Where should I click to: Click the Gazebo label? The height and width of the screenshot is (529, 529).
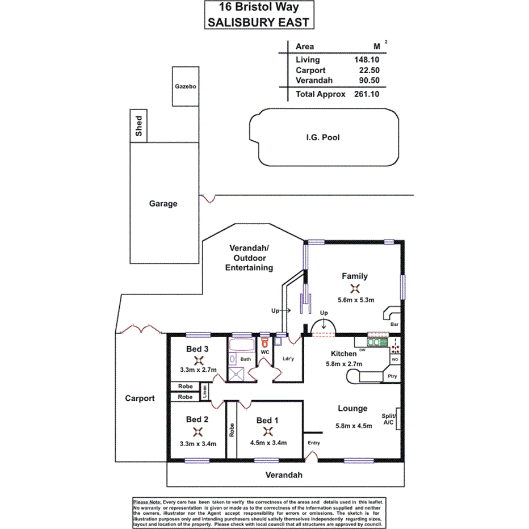click(x=185, y=87)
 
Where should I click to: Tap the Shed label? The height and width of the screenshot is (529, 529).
click(x=139, y=125)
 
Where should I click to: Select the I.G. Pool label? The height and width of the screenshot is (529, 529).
click(x=322, y=137)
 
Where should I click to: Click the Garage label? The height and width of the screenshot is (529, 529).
click(x=163, y=204)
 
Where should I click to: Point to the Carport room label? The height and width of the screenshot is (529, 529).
click(x=140, y=398)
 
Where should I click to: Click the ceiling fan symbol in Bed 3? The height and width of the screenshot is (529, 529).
click(x=198, y=360)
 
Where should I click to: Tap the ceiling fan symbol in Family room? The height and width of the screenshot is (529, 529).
click(x=355, y=288)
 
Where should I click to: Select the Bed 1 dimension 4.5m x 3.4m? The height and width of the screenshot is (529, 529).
click(x=267, y=443)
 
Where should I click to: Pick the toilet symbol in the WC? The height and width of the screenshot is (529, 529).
click(x=264, y=342)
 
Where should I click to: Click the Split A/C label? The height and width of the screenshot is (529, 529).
click(x=389, y=419)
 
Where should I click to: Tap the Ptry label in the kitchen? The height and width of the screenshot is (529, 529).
click(x=392, y=376)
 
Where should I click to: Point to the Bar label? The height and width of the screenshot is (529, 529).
click(x=394, y=324)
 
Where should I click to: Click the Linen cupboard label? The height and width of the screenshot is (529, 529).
click(x=205, y=391)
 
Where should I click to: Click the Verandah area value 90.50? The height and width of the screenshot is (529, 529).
click(x=369, y=81)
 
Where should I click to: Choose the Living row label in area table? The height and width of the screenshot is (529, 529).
click(x=308, y=60)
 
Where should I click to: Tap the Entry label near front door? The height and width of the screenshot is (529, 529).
click(x=314, y=443)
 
